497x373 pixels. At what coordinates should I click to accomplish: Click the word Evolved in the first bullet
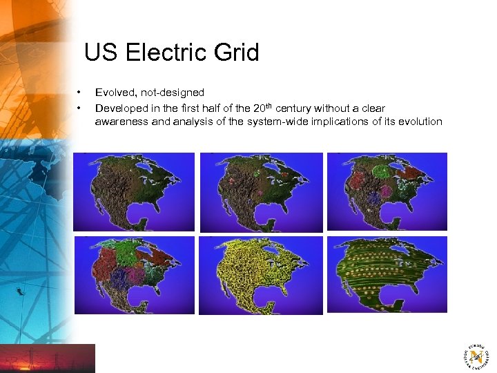pos(113,93)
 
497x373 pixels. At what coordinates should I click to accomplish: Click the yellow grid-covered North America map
pos(260,276)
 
